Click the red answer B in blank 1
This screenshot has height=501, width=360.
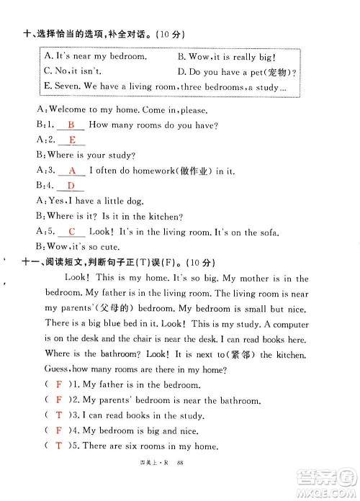(x=71, y=125)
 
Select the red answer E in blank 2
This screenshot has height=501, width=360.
(x=72, y=140)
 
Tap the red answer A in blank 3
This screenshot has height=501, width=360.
(x=71, y=171)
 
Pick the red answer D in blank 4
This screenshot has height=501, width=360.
(x=71, y=186)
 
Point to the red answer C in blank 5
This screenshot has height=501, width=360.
(x=72, y=231)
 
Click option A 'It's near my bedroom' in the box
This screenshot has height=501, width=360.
(x=95, y=55)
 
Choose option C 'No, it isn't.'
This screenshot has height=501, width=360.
(x=73, y=71)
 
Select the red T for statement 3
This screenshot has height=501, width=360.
(x=58, y=415)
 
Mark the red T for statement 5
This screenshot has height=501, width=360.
(x=58, y=446)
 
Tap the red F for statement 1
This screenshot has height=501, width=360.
(x=58, y=385)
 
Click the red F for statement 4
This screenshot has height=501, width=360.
(x=58, y=430)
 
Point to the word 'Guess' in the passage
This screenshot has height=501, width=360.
(x=61, y=369)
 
